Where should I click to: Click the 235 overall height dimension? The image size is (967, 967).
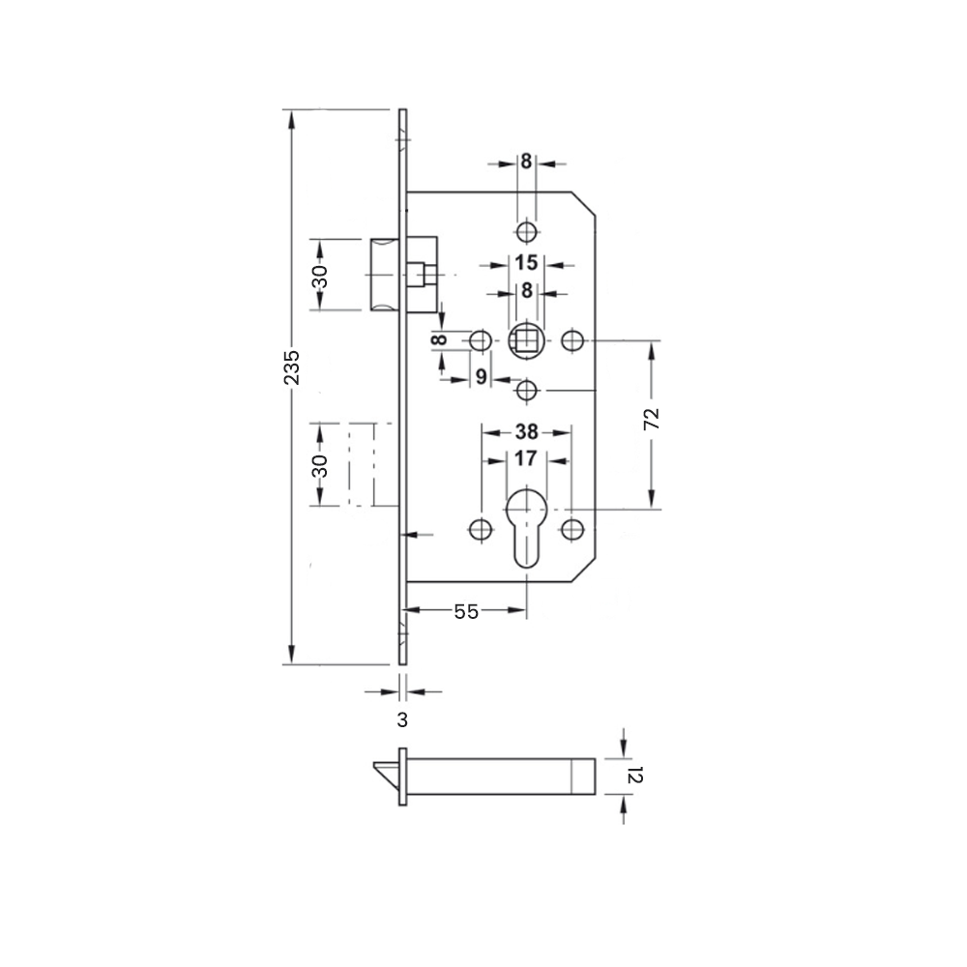(x=292, y=367)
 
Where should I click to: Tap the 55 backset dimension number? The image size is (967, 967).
(x=466, y=611)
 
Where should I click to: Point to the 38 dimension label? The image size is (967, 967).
(x=527, y=431)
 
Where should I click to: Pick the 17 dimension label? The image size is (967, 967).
(x=525, y=458)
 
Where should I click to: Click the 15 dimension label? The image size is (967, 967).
(x=526, y=263)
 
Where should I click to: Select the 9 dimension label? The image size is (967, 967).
(x=482, y=377)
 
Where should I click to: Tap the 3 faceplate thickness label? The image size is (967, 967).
(x=402, y=719)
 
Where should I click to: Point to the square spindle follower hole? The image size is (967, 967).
(x=526, y=340)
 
